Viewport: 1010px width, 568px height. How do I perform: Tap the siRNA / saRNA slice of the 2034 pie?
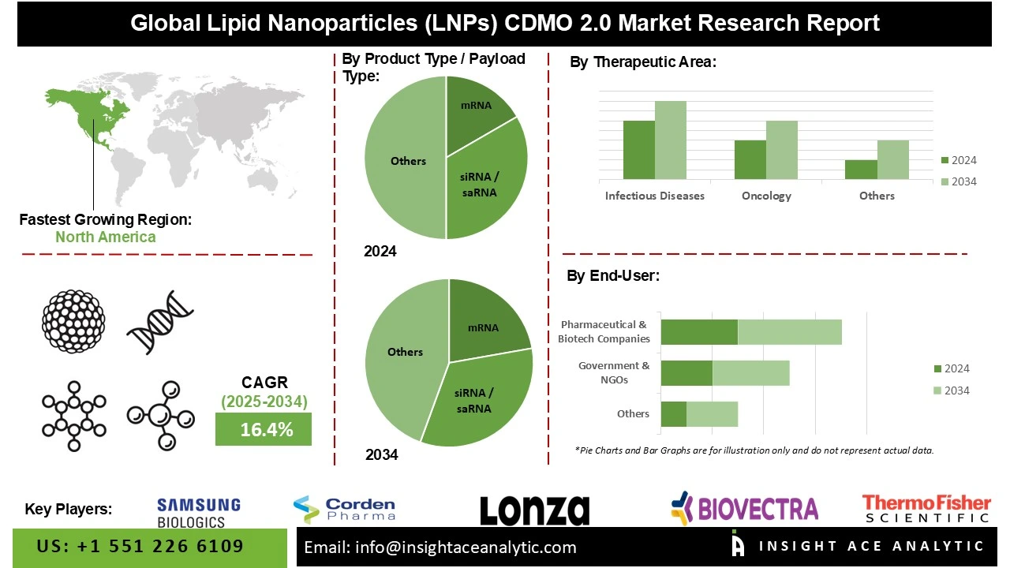pos(477,398)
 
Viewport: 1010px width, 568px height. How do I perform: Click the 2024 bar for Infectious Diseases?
pos(638,149)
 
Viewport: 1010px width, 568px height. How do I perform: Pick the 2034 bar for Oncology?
pos(781,149)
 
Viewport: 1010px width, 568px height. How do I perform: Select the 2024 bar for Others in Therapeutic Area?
pos(861,169)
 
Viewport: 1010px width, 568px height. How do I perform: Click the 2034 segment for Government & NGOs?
pos(750,373)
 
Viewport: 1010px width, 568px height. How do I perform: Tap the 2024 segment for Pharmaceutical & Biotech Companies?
pos(698,332)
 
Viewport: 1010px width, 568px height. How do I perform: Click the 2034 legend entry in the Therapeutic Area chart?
pos(959,181)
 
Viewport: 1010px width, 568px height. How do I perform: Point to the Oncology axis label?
pos(766,196)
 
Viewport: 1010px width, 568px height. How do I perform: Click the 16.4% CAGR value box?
pos(264,429)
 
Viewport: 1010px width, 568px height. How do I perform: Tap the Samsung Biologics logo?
pos(198,512)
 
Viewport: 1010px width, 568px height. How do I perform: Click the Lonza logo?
pos(534,510)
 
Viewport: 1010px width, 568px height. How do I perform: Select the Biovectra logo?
pos(744,508)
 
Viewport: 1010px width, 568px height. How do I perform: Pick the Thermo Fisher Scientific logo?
pos(926,509)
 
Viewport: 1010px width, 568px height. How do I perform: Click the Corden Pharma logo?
pos(344,509)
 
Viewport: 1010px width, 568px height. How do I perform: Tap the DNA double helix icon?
pos(160,322)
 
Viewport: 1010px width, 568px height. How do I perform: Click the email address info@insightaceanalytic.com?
pos(440,547)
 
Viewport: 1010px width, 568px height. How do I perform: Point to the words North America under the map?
pos(106,237)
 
